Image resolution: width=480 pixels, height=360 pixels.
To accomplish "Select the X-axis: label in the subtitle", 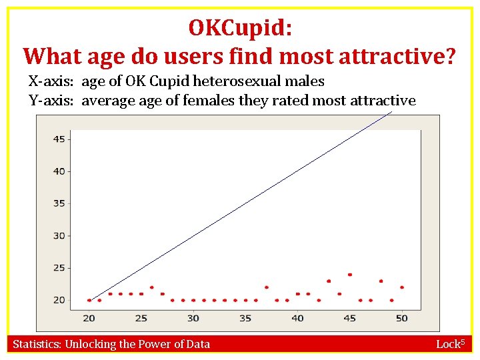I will point(52,82).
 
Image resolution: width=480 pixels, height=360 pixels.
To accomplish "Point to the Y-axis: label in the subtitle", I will point(52,101).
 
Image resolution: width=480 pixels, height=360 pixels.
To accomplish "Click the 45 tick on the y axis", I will point(59,139).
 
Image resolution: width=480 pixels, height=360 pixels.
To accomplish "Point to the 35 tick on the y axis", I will point(59,203).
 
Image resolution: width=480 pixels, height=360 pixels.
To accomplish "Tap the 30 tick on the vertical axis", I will point(59,235).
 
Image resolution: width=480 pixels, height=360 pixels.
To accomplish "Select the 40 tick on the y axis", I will point(59,171).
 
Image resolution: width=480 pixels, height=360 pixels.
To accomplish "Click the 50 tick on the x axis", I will point(401,318).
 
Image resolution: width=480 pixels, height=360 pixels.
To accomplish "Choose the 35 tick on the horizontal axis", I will point(245,318).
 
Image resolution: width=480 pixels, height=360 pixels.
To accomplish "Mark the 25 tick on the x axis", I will point(141,318).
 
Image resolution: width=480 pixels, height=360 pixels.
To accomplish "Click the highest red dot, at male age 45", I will point(349,275).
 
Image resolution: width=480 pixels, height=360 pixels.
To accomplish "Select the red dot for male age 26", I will point(152,287).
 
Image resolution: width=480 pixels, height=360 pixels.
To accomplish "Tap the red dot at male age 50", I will point(402,287).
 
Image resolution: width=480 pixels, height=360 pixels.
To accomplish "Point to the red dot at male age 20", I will point(89,300).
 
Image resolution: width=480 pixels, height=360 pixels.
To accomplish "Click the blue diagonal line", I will point(240,207).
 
